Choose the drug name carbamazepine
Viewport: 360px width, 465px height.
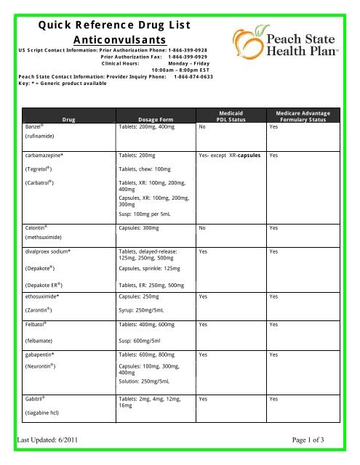pos(49,155)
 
